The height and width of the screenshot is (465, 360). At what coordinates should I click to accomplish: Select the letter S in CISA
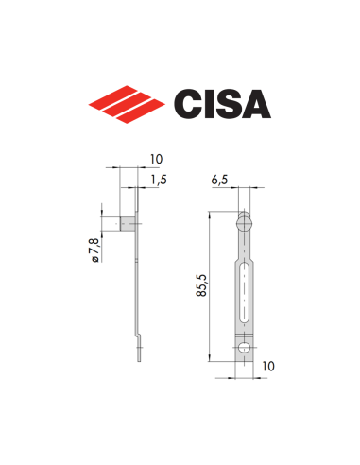tap(228, 101)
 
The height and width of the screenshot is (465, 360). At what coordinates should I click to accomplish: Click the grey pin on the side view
tap(128, 225)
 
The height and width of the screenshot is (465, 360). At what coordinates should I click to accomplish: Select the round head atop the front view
tap(245, 224)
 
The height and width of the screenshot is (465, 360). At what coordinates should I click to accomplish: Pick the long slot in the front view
tap(245, 288)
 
